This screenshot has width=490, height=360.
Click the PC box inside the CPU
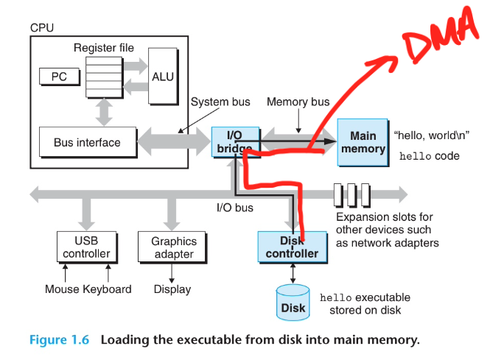click(x=58, y=76)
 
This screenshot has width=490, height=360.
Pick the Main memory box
click(x=363, y=142)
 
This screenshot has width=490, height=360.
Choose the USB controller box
click(x=86, y=247)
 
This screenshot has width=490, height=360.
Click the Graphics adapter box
click(x=173, y=247)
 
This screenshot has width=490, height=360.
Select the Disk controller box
click(x=293, y=247)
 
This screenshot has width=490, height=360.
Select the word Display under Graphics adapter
click(x=173, y=289)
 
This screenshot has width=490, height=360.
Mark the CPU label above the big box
click(x=42, y=27)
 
